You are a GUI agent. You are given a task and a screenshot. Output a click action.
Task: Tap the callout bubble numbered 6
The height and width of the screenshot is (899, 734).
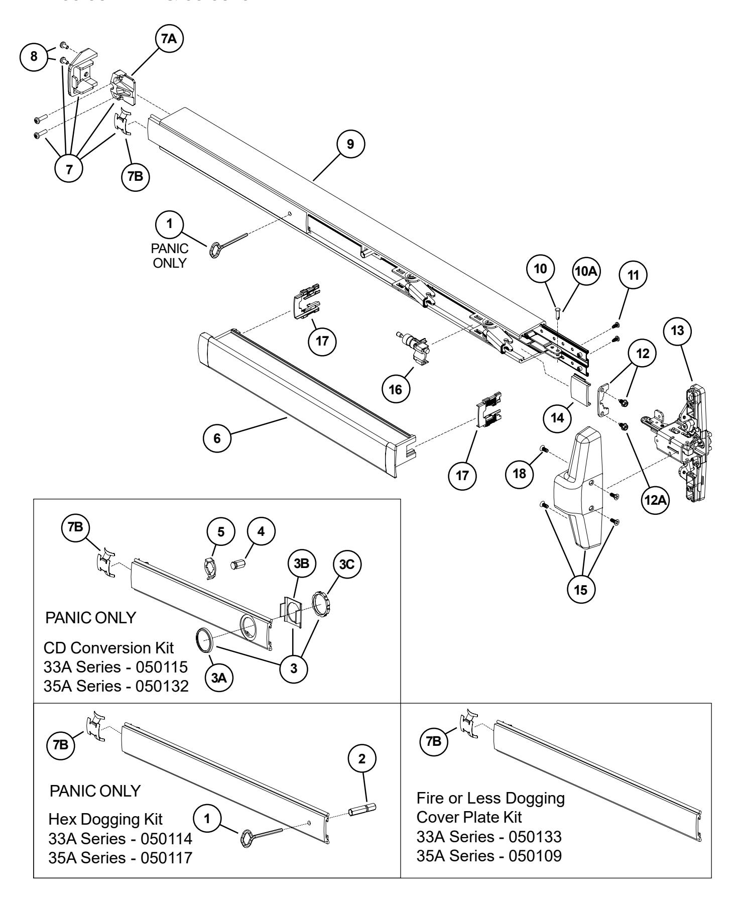[x=217, y=438]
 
